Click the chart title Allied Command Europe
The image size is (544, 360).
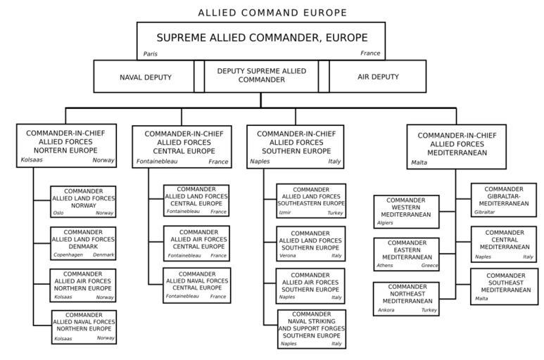272,13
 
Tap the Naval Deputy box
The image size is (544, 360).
144,76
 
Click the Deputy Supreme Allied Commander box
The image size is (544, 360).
261,76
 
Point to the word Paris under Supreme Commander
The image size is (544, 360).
150,53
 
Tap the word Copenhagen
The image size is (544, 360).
68,255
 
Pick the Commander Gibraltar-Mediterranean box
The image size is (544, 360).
504,200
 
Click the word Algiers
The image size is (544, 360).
386,223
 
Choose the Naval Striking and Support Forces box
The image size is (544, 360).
310,328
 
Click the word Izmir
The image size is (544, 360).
285,212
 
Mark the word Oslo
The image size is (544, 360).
58,212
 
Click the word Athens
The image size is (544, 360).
384,266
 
